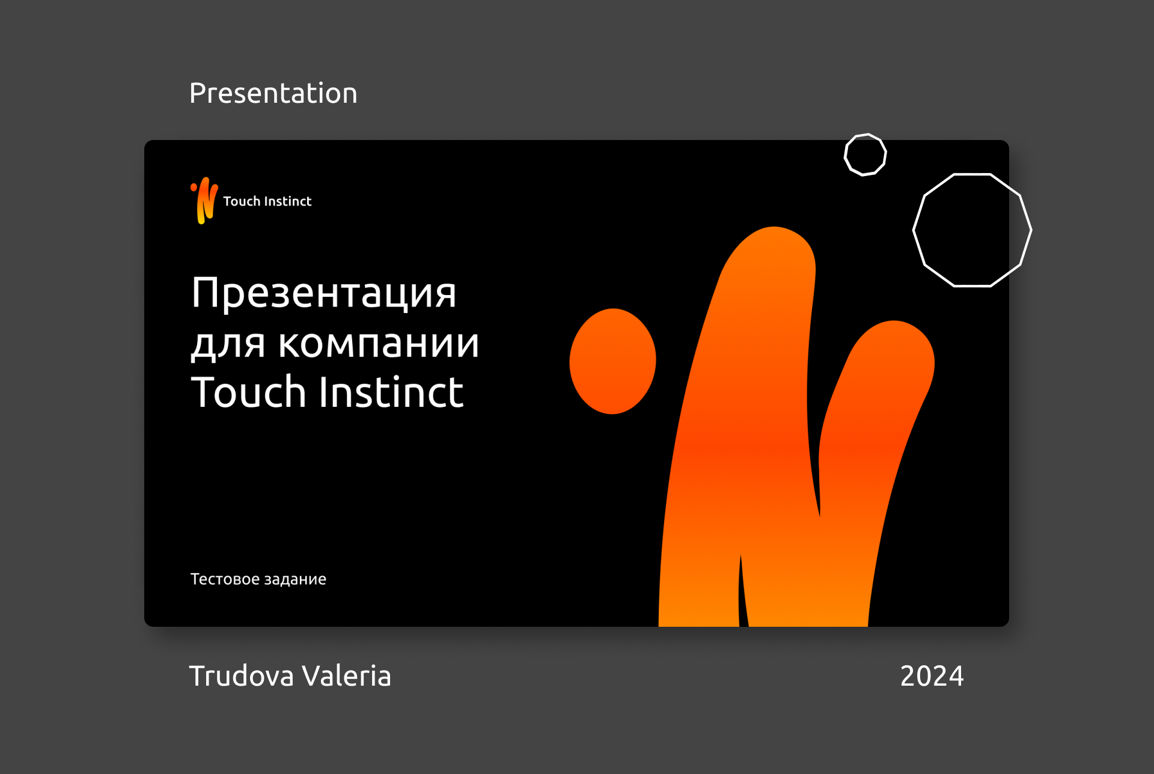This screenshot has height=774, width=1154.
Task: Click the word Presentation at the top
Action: tap(273, 93)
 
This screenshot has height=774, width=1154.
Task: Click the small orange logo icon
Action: tap(204, 200)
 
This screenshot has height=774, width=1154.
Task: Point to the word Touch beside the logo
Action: tap(242, 201)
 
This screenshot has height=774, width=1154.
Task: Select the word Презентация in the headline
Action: tap(324, 293)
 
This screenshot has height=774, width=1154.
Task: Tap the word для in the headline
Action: tap(228, 344)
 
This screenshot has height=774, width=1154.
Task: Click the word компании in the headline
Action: tap(379, 343)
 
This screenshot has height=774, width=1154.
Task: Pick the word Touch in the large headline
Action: tap(248, 392)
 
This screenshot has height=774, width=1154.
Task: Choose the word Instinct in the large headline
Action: tap(391, 392)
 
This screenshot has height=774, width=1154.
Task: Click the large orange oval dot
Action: tap(612, 361)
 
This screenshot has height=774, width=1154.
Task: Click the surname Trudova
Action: tap(242, 676)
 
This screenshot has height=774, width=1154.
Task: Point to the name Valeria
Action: tap(346, 676)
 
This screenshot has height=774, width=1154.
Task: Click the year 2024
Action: tap(932, 676)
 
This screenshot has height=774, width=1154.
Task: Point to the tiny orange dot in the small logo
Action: tap(194, 187)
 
